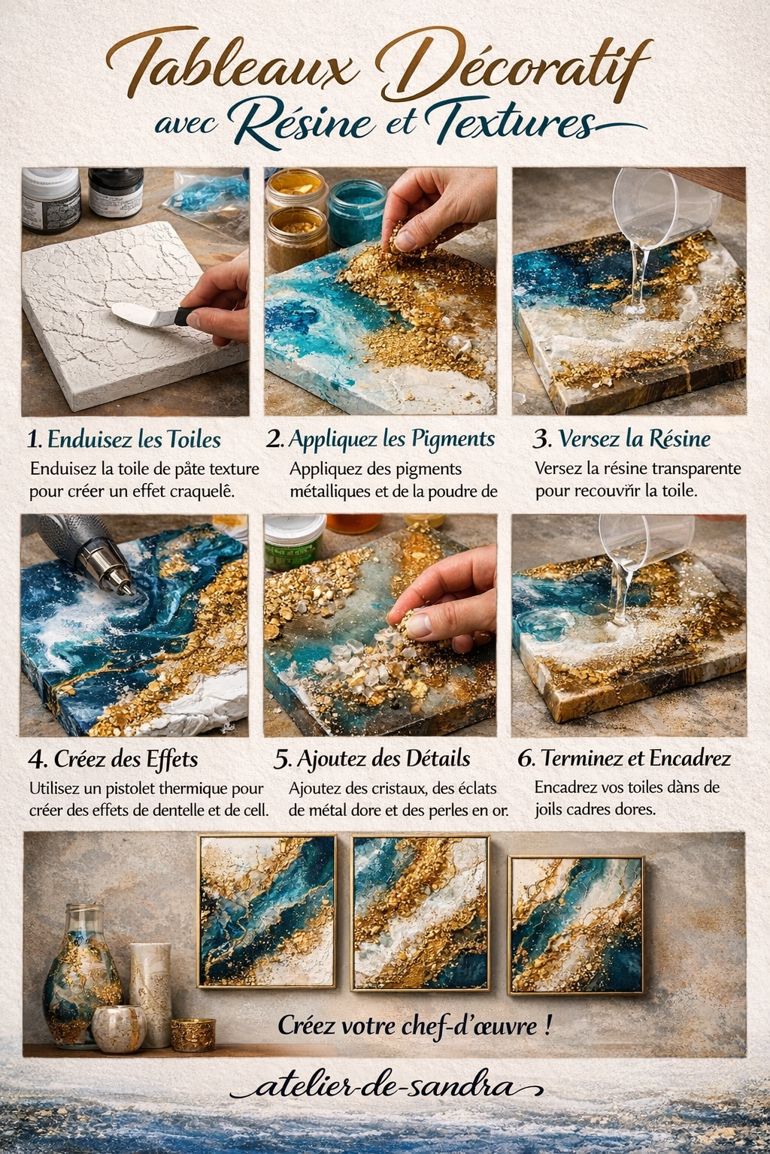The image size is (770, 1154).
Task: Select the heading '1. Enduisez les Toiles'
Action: [x=124, y=440]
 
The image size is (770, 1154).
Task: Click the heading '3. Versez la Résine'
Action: [x=622, y=439]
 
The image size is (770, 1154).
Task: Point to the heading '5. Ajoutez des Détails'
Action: [x=372, y=759]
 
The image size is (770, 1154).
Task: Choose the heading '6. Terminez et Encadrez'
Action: [x=624, y=758]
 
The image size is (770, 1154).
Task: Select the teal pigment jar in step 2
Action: [x=357, y=210]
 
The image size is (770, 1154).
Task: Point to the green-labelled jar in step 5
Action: [x=294, y=541]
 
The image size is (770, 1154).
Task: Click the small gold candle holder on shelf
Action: [x=193, y=1035]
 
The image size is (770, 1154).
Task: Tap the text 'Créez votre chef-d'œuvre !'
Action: [x=415, y=1026]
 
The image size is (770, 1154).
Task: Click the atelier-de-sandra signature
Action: [x=387, y=1088]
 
